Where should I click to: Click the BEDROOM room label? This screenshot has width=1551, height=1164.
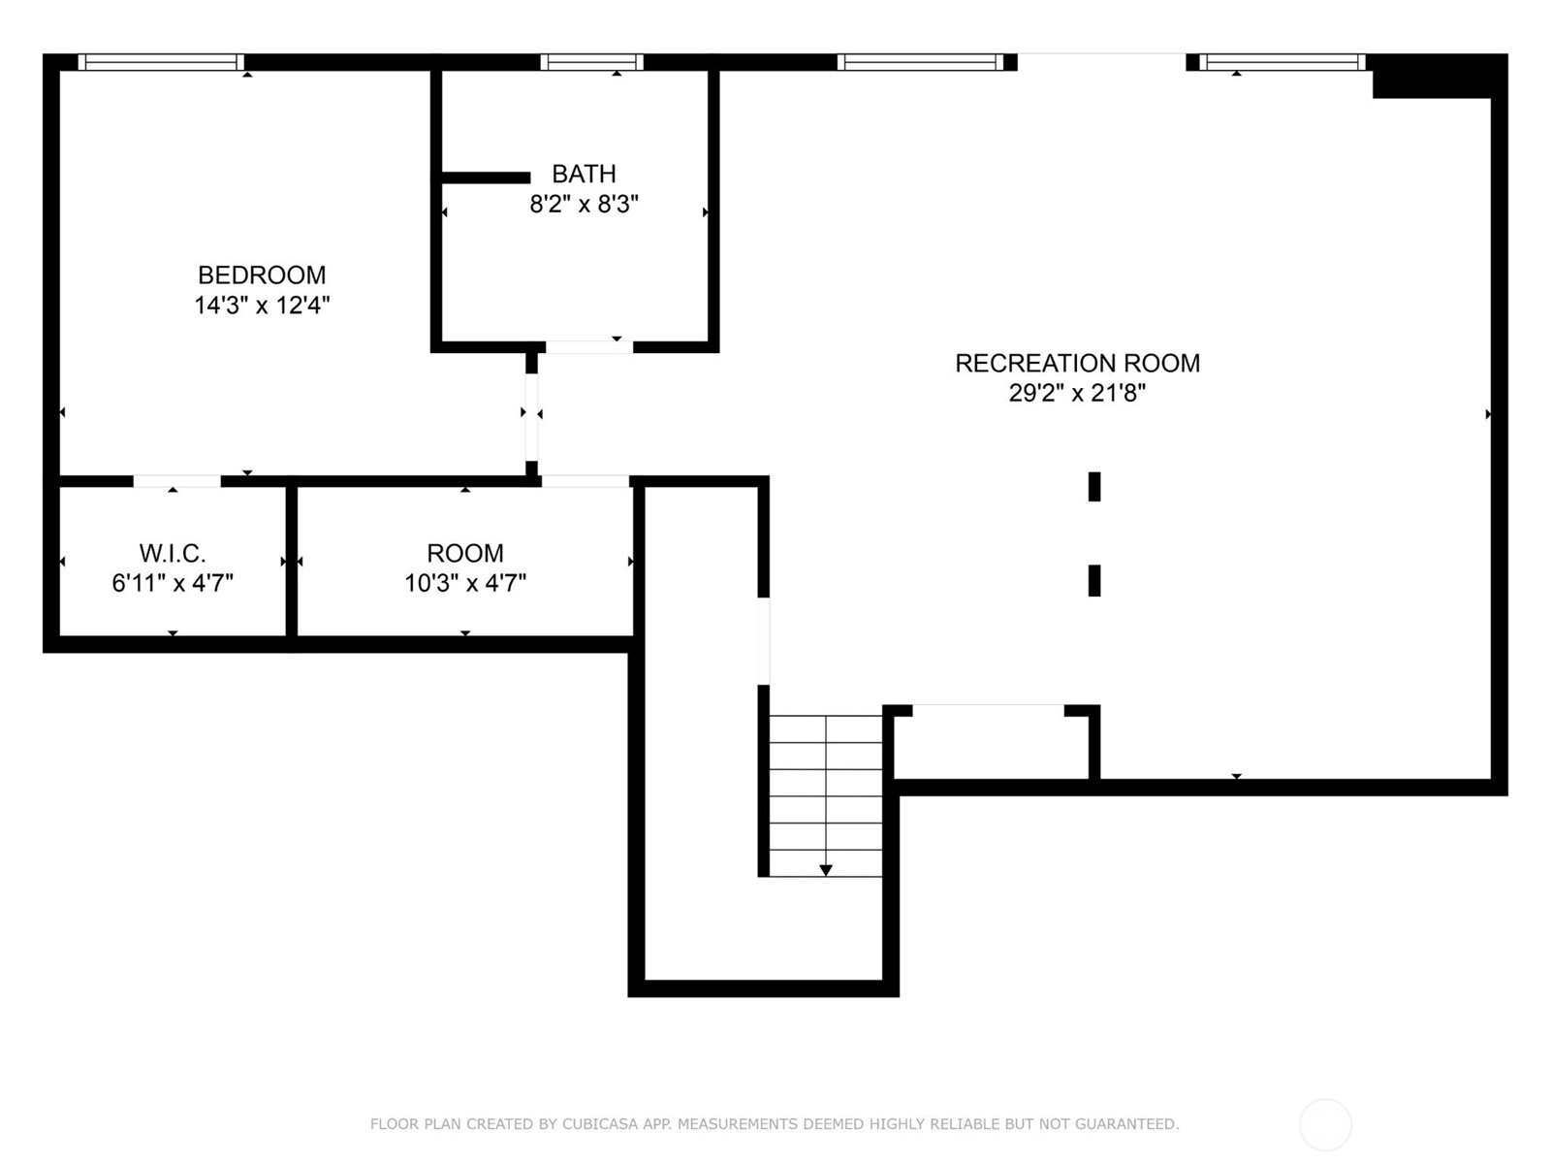click(262, 275)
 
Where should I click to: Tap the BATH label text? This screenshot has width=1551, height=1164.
click(584, 174)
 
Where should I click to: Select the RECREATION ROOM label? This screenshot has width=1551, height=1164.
click(1078, 363)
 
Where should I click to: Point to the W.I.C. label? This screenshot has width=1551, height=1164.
click(173, 553)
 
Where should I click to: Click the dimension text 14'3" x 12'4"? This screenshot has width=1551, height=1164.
click(262, 306)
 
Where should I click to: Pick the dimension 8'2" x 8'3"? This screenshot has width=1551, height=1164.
click(585, 205)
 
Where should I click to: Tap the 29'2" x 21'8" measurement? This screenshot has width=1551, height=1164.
click(1077, 393)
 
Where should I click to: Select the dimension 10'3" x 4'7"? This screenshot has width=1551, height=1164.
click(465, 583)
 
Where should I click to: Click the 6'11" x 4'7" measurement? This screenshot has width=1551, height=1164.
click(173, 583)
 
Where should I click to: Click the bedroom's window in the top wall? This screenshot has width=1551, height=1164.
click(161, 62)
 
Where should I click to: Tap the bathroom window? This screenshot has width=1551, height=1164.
click(592, 62)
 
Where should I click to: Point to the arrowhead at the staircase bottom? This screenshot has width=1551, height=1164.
click(825, 871)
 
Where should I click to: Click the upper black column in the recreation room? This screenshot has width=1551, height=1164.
click(1094, 487)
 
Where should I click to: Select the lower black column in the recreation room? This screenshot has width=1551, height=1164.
click(1094, 581)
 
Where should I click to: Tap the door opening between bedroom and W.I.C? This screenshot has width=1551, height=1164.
click(177, 481)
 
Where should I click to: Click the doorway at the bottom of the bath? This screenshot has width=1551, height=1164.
click(589, 347)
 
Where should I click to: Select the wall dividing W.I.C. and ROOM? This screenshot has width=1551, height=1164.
click(291, 562)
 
